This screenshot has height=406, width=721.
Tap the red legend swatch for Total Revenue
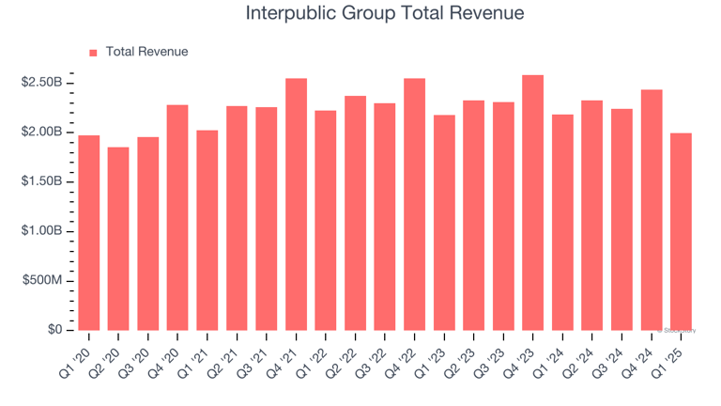[93, 53]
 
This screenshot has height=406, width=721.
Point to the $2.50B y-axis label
[41, 83]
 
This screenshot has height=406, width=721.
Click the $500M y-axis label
[41, 281]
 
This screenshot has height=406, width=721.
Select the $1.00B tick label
[41, 231]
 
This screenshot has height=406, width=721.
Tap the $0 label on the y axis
[54, 330]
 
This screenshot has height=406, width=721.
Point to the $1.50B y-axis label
[41, 181]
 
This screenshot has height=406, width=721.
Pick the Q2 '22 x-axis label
[345, 356]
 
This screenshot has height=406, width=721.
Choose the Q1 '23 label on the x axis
[435, 356]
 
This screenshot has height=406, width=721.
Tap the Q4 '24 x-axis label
[642, 356]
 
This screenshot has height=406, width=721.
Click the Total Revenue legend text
[147, 53]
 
